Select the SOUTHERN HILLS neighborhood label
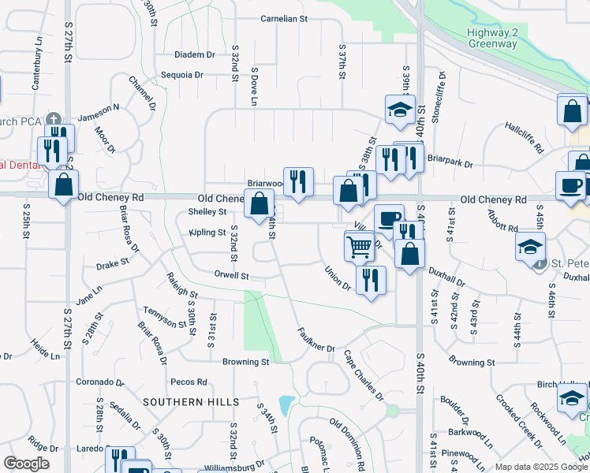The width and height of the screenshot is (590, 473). click(x=191, y=402)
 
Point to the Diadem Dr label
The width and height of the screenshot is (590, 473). click(x=195, y=54)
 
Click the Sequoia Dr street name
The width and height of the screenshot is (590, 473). click(x=182, y=75)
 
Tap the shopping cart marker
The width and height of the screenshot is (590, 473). click(x=360, y=247)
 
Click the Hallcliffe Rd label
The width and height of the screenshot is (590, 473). click(x=525, y=136)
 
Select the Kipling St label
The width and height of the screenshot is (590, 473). click(x=207, y=233)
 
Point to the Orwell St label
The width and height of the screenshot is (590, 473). click(x=231, y=276)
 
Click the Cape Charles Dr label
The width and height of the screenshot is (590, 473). click(x=363, y=375)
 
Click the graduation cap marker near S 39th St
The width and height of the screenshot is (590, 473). click(x=400, y=110)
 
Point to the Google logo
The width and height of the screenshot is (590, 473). click(x=26, y=463)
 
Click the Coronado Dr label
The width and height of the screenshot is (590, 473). click(x=97, y=382)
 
